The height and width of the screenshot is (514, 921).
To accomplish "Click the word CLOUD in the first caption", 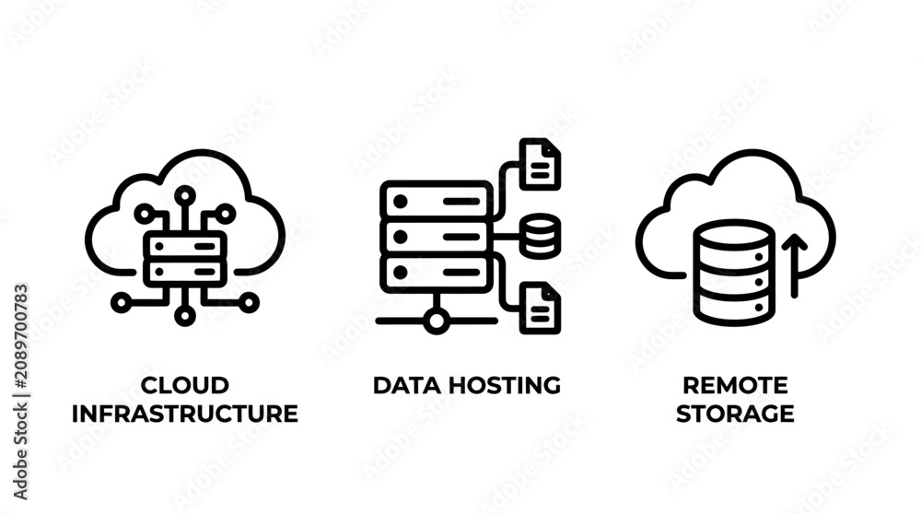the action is click(184, 385).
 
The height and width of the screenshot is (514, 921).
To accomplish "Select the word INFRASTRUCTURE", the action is click(184, 414).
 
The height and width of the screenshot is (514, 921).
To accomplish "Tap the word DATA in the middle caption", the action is click(408, 385).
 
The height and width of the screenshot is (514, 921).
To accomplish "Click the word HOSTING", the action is click(505, 385).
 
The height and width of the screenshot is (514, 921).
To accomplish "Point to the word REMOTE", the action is click(735, 385).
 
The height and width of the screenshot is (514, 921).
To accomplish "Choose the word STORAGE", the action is click(735, 414).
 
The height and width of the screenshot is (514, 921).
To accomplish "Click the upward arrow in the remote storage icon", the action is click(794, 265).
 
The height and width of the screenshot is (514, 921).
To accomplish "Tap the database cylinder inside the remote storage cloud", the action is click(734, 273).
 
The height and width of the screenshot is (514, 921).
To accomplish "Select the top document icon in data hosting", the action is click(540, 165).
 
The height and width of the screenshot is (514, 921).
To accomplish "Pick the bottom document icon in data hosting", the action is click(540, 309).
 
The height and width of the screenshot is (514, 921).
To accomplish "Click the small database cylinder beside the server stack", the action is click(540, 236).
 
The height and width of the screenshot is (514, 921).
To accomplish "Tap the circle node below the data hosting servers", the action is click(436, 321).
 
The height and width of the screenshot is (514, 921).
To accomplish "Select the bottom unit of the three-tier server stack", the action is click(436, 273).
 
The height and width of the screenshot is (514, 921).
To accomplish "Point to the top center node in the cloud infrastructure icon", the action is click(185, 195).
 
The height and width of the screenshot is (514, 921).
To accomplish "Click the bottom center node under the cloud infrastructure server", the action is click(185, 316).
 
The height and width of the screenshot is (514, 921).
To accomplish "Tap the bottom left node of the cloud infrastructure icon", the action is click(122, 302).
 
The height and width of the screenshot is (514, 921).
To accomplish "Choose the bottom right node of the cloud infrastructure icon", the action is click(249, 302).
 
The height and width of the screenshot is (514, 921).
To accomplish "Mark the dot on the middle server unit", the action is click(401, 237).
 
